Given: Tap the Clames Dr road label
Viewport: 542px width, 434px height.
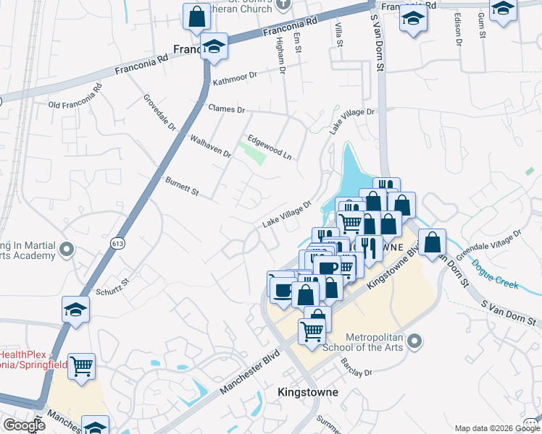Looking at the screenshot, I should pos(227,109).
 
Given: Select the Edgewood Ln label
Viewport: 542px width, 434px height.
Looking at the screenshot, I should pos(269,146).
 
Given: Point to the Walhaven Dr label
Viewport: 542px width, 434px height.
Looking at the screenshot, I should pos(210,145).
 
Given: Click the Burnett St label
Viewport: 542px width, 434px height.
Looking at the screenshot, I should pos(182,187).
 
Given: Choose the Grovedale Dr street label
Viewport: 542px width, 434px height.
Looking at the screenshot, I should pos(159,111).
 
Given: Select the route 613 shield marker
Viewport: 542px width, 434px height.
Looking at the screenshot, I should pos(118,244).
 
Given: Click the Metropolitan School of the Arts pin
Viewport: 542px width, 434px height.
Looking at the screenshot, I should pos(414,340).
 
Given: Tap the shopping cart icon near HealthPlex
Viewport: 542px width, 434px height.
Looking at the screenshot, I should pos(81,365).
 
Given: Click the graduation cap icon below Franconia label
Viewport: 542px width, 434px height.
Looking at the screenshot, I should pos(214,46).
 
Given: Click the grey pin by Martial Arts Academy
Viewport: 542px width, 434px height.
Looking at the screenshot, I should pos(67,250).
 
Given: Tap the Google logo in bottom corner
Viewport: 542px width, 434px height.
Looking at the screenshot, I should pos(24,425).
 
